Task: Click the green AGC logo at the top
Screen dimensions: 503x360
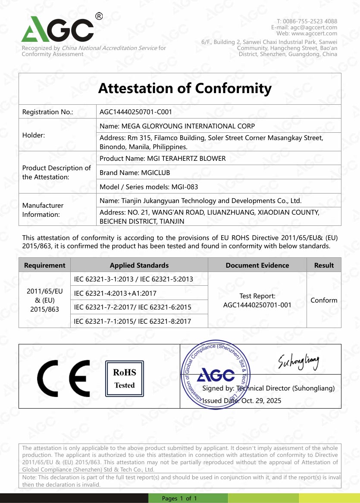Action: click(x=57, y=29)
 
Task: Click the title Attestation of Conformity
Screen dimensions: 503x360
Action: click(x=185, y=88)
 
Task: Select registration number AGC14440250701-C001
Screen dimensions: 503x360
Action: click(x=136, y=112)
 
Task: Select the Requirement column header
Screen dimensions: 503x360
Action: click(x=44, y=265)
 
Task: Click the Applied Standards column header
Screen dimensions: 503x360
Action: click(x=139, y=265)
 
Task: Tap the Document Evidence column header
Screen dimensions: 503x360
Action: click(x=257, y=265)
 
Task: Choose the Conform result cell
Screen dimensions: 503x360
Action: click(x=324, y=300)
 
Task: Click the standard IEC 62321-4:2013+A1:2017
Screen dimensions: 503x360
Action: click(x=115, y=293)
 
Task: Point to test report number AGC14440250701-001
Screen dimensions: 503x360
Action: click(x=257, y=305)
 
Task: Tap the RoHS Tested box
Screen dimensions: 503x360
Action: click(x=124, y=378)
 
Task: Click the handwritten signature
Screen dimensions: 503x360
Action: click(x=299, y=360)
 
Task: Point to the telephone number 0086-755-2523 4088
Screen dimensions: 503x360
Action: click(x=310, y=21)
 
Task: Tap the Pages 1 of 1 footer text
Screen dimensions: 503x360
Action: click(x=179, y=498)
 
